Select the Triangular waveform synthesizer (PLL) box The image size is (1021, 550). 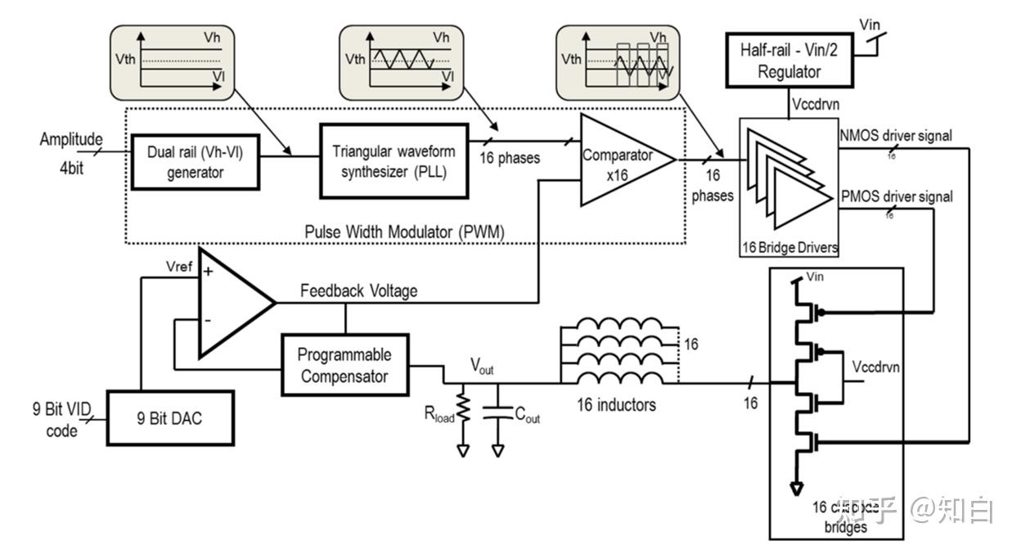[x=394, y=161]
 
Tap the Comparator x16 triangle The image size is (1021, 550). [x=622, y=160]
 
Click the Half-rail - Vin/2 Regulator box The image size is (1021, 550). [x=789, y=61]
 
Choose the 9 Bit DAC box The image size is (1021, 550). [x=171, y=418]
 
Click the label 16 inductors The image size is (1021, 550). [x=611, y=404]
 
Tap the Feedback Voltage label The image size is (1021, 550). [x=358, y=291]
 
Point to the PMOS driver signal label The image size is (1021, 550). [x=896, y=196]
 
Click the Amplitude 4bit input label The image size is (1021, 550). [x=72, y=149]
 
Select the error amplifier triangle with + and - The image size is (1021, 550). [x=229, y=303]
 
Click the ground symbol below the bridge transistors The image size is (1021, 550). [x=794, y=489]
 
